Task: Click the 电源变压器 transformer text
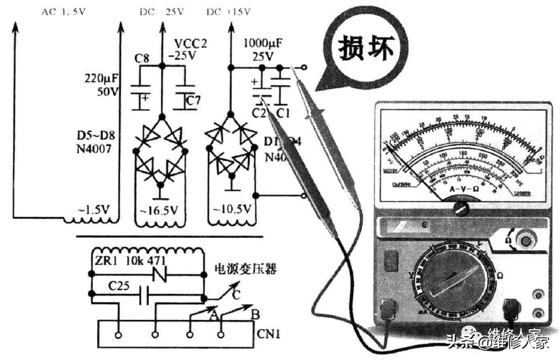pos(246,271)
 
